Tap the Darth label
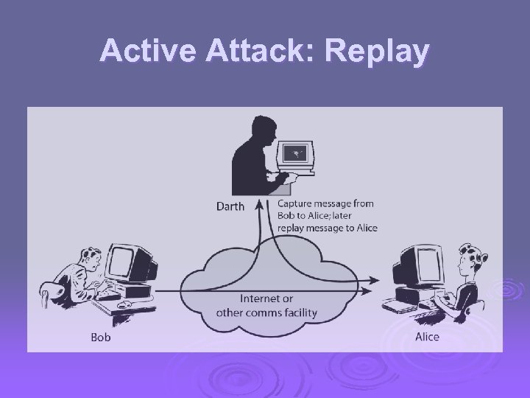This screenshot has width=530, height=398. pyautogui.click(x=230, y=206)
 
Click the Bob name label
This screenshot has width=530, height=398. pyautogui.click(x=100, y=338)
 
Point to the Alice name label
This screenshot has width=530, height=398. pyautogui.click(x=427, y=337)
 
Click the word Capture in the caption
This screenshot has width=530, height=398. pyautogui.click(x=297, y=203)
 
